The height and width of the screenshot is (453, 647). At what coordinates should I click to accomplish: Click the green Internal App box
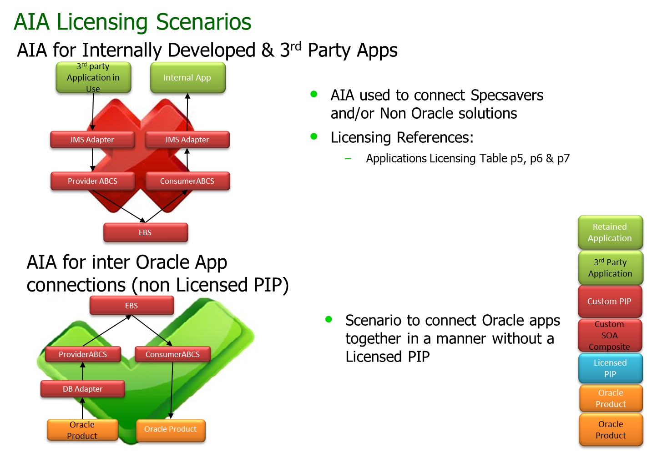point(187,78)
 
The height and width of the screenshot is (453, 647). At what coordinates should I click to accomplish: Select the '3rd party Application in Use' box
point(93,78)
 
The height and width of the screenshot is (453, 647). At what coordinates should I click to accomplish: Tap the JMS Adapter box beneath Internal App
point(187,140)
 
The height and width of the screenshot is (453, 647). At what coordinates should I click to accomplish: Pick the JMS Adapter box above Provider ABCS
point(92,140)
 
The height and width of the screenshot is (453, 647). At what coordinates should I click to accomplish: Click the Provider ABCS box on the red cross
point(92,181)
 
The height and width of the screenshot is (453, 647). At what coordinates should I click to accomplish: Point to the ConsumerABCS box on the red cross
point(187,181)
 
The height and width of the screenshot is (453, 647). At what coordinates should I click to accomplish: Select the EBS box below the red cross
point(145,232)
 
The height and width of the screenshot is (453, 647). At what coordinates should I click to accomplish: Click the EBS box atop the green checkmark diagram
point(131,306)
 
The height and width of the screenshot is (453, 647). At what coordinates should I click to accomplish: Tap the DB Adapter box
point(82,389)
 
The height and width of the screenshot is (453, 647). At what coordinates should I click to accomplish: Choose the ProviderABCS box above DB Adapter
point(83,354)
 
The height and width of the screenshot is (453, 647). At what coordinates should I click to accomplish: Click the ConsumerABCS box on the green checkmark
point(172,354)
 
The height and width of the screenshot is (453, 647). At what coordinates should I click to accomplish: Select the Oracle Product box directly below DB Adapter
point(82,430)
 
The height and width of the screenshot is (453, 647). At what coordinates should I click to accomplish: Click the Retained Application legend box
point(610,232)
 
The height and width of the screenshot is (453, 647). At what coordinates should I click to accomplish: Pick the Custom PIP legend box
point(609,302)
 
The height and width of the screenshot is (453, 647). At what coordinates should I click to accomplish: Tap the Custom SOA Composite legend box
point(609,336)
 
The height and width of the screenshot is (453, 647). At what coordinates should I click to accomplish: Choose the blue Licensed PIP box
point(610,368)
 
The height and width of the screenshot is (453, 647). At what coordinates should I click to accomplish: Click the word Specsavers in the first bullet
point(507,96)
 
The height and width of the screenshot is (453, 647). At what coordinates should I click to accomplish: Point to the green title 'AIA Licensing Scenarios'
point(132,22)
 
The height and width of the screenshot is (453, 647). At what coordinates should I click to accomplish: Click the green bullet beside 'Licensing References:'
point(314,136)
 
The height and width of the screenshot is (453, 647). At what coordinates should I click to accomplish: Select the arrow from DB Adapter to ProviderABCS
point(82,371)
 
